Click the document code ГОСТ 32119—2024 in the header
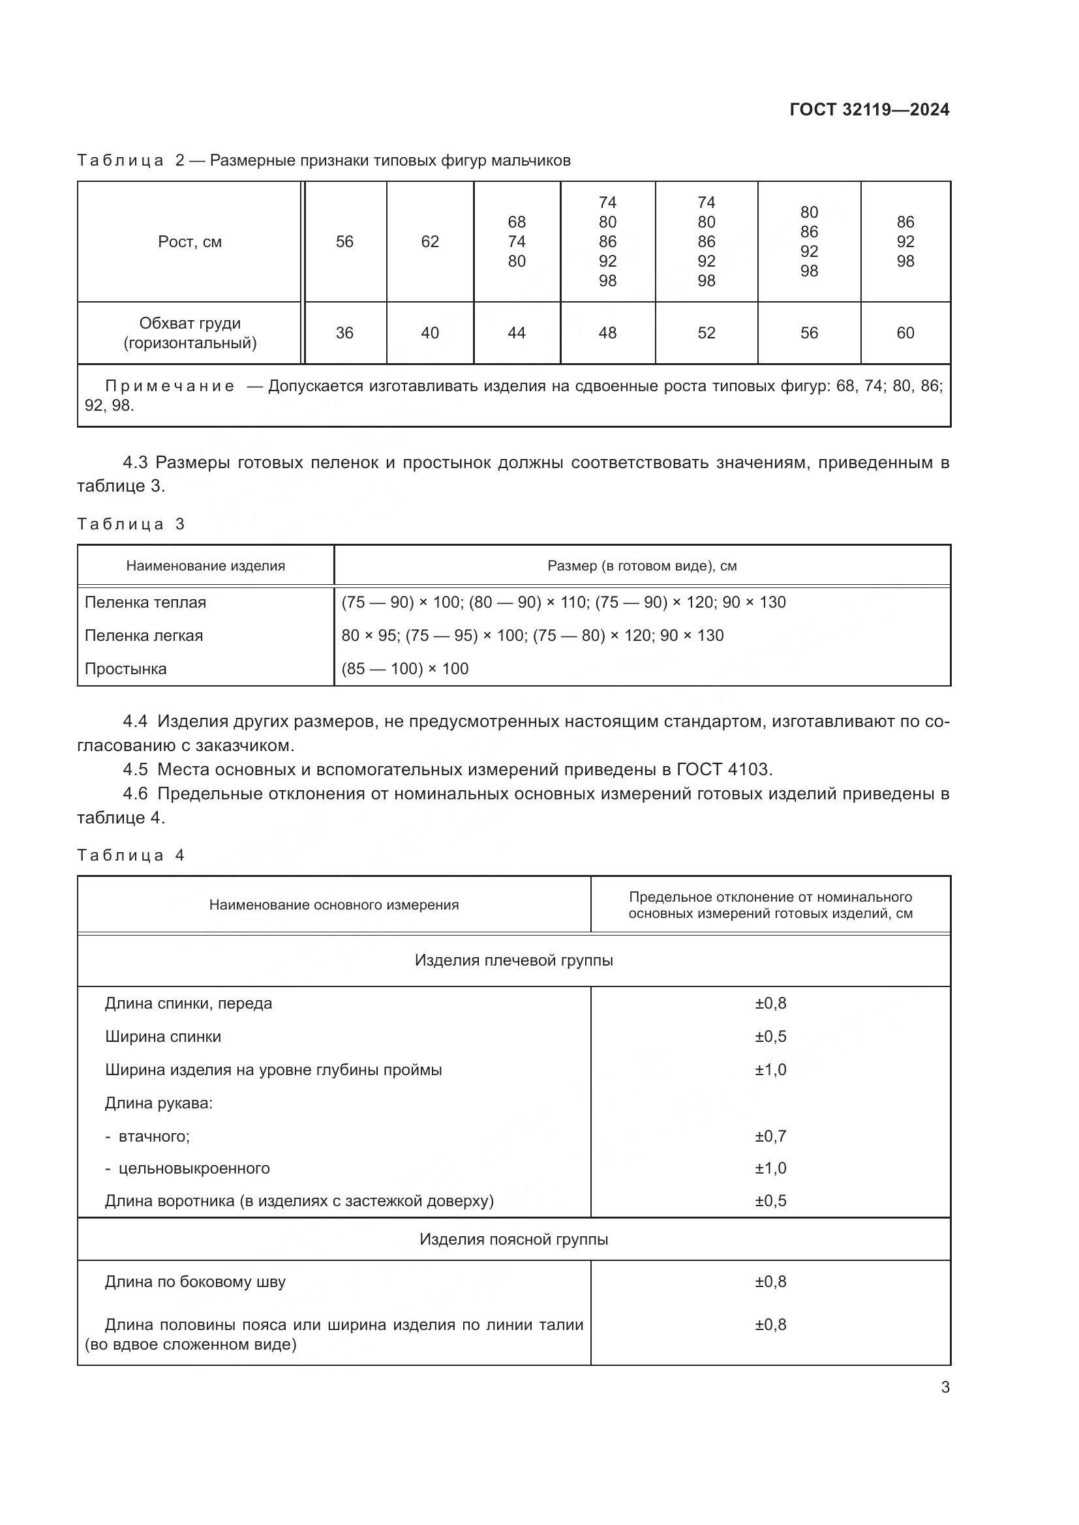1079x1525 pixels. point(869,110)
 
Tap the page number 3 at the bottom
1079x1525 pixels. point(945,1387)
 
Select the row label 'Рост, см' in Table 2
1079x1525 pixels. point(189,242)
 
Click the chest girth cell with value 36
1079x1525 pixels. point(344,333)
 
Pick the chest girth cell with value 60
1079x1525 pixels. point(905,333)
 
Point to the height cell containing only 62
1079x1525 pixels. point(430,242)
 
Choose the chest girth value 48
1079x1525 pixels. point(607,333)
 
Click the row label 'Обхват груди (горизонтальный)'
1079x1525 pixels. point(189,333)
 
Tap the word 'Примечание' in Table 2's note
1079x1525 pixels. point(170,386)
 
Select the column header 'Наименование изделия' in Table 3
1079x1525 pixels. point(205,566)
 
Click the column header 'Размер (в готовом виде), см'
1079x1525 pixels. point(642,566)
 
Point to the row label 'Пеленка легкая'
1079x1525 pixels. point(144,636)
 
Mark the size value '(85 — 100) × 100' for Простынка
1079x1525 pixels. point(404,669)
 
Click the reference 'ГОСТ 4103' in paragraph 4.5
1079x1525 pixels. point(723,769)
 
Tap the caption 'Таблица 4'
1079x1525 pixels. point(130,855)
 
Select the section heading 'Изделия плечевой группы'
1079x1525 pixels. point(513,960)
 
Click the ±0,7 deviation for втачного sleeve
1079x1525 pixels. point(770,1136)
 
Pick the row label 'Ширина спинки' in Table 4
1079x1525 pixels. point(163,1036)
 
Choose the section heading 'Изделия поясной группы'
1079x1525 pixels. point(513,1239)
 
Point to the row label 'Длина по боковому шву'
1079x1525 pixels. point(194,1281)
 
